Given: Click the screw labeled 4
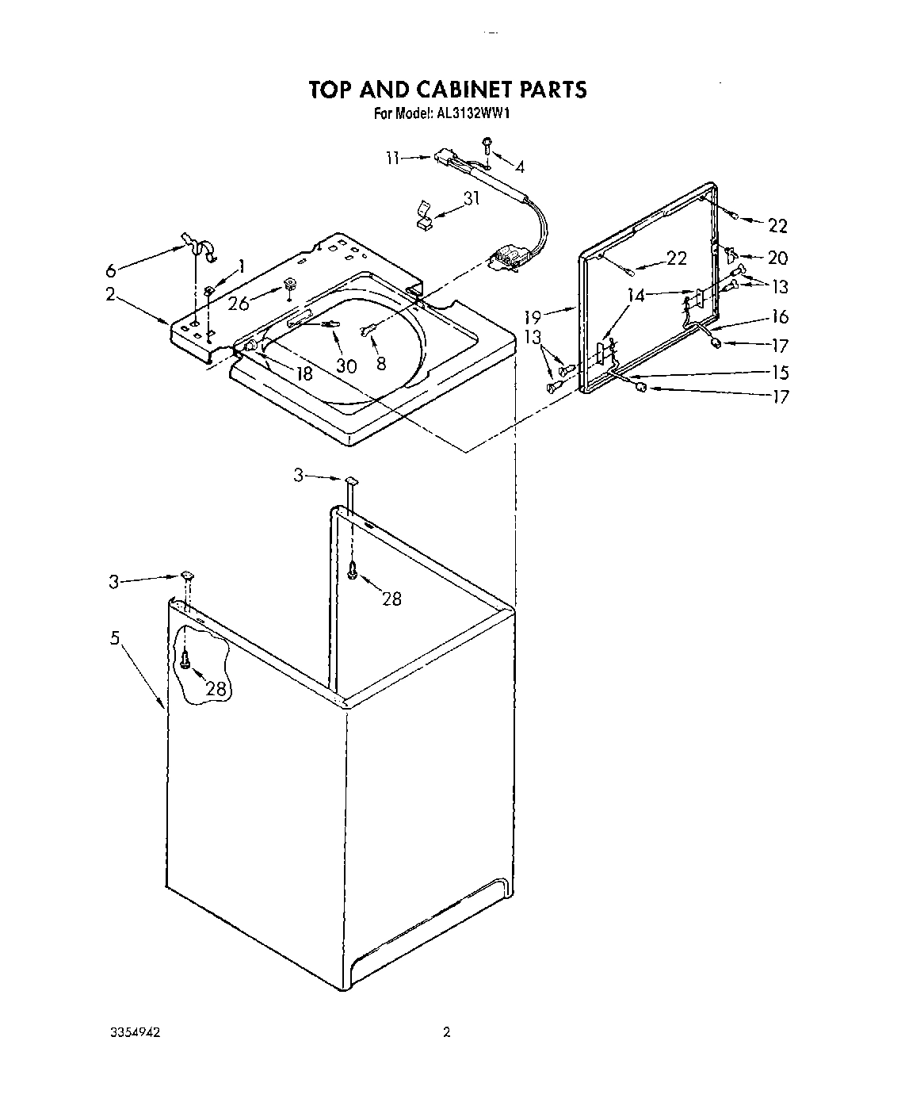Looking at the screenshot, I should [487, 144].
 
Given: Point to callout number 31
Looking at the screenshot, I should [472, 198].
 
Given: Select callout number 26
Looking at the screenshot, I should [238, 304].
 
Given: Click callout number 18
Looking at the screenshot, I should [304, 374].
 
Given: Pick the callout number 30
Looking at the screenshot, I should [346, 365].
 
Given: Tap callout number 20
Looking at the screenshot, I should [778, 258].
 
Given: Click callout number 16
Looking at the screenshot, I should [780, 316].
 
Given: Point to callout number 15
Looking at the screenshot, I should [780, 372].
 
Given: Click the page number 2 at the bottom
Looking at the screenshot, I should [447, 1032].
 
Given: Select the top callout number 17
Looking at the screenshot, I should [780, 346].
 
